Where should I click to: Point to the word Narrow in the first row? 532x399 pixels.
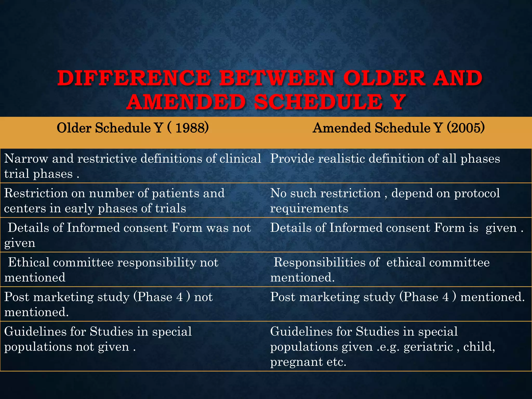coord(26,159)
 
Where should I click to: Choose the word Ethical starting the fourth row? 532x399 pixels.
coord(29,262)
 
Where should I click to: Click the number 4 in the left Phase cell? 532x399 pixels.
coord(179,297)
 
